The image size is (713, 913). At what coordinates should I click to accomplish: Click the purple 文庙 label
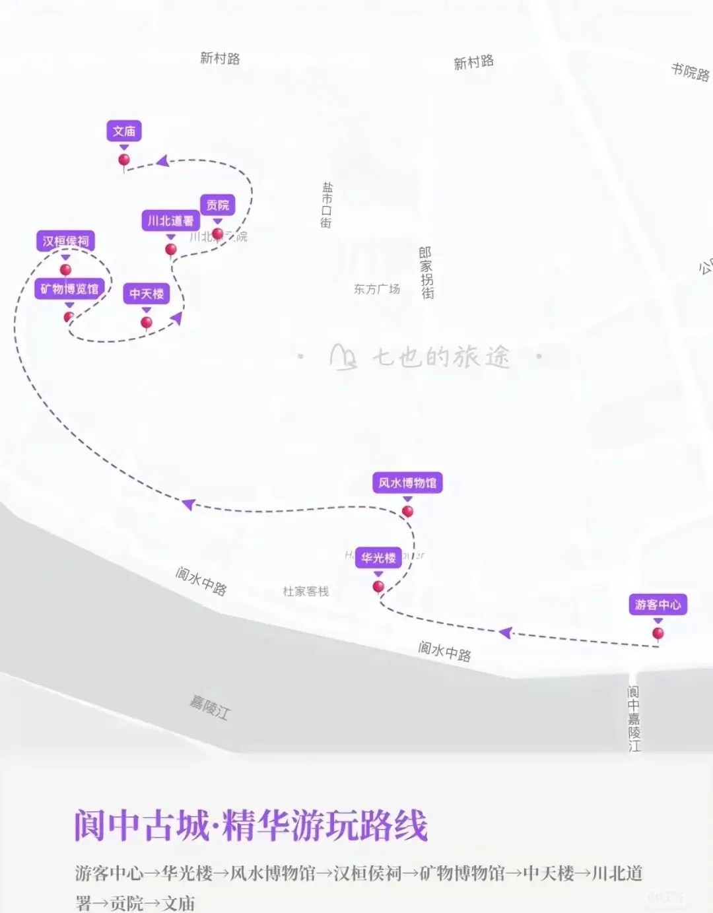tap(124, 131)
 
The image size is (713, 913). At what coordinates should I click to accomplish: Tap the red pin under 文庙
tap(124, 160)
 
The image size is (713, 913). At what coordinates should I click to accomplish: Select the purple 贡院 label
tap(217, 205)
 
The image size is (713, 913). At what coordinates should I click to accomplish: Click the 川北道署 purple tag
tap(170, 220)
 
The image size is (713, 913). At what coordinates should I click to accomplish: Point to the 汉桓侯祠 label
tap(65, 241)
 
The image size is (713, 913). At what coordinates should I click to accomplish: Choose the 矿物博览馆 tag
tap(69, 288)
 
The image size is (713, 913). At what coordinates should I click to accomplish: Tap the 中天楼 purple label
tap(147, 294)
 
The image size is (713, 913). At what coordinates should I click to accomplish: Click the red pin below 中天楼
tap(147, 323)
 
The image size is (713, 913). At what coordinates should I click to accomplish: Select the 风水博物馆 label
tap(407, 483)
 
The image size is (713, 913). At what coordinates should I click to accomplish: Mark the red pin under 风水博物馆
tap(408, 512)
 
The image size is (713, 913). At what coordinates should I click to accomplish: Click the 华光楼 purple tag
tap(378, 558)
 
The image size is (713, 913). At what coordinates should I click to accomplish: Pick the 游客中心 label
tap(658, 605)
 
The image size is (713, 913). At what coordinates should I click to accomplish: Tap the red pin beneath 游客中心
tap(658, 634)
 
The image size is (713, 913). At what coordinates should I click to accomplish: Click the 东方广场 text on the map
tap(376, 289)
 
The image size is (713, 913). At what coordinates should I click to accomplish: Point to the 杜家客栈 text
tap(306, 592)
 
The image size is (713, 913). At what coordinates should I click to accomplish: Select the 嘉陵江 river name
tap(210, 707)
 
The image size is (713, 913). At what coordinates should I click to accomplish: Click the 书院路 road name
tap(690, 72)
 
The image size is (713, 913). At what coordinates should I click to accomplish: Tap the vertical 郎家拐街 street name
tap(426, 273)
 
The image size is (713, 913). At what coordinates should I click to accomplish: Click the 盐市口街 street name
tap(327, 205)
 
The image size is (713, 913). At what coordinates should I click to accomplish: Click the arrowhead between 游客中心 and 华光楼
tap(505, 633)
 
